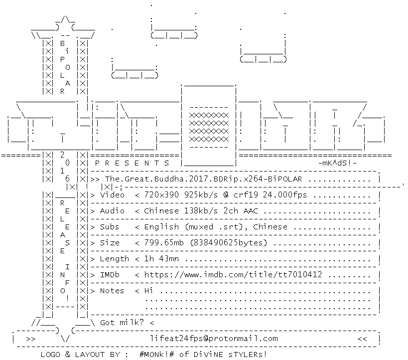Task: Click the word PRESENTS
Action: [x=132, y=163]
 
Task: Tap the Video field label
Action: [x=112, y=195]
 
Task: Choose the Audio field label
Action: [x=112, y=211]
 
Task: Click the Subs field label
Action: [x=110, y=227]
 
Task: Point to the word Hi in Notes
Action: [x=148, y=291]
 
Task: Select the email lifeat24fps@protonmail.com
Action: [x=214, y=339]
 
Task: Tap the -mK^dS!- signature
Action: [x=337, y=163]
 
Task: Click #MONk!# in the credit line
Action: [x=156, y=355]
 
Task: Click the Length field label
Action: [x=114, y=259]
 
